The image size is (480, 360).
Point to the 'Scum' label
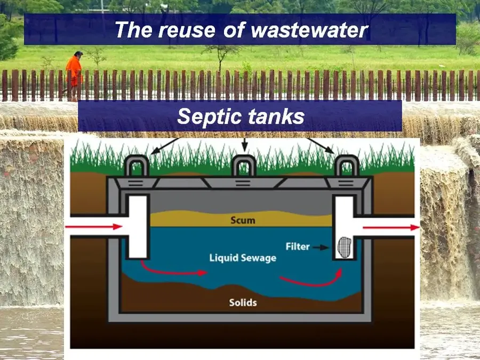coord(243,220)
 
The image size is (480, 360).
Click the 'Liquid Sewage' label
coord(243,258)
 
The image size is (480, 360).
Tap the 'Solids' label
coord(243,302)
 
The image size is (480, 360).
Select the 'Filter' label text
coord(298,246)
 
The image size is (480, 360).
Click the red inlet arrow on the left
coord(94,227)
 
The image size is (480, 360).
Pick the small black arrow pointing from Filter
coord(321,247)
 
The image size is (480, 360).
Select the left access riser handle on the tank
coord(137,165)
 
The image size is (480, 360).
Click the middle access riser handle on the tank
coord(244,165)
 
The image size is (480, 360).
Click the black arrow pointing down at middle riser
coord(244,145)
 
